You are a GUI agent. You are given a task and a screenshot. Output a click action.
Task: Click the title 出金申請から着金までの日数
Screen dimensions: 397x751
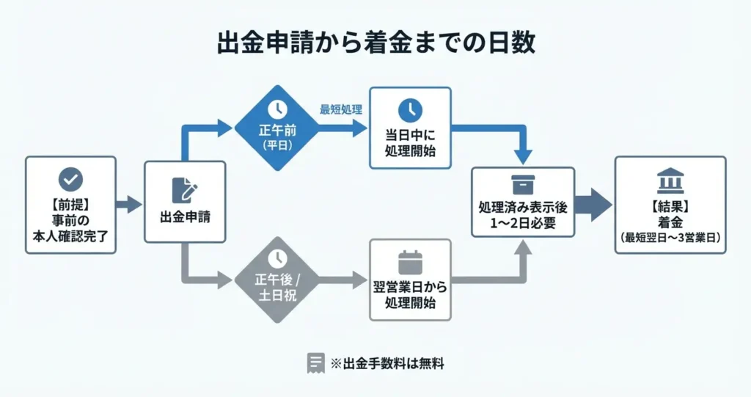(x=375, y=42)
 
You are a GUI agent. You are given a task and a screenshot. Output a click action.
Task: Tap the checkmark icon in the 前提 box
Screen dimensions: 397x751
(x=70, y=179)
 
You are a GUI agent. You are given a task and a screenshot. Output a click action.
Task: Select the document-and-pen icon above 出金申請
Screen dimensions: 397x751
(x=184, y=190)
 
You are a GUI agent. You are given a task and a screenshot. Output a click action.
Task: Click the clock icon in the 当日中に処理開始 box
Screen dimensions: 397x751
(x=410, y=110)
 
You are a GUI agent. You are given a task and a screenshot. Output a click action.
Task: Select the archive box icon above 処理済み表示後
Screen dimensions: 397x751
(x=523, y=184)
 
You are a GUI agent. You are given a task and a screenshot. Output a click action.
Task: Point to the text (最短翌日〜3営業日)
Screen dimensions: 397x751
(x=670, y=237)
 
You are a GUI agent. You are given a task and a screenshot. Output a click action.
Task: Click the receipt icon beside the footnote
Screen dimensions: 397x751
(x=315, y=363)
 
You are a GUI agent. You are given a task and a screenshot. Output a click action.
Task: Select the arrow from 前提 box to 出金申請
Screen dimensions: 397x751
(x=129, y=204)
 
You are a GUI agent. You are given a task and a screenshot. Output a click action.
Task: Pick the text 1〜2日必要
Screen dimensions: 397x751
(x=523, y=222)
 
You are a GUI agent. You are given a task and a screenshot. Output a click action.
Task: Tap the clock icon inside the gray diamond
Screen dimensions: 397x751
(x=277, y=258)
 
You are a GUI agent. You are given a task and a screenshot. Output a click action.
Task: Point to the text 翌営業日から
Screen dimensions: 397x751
(x=410, y=287)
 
